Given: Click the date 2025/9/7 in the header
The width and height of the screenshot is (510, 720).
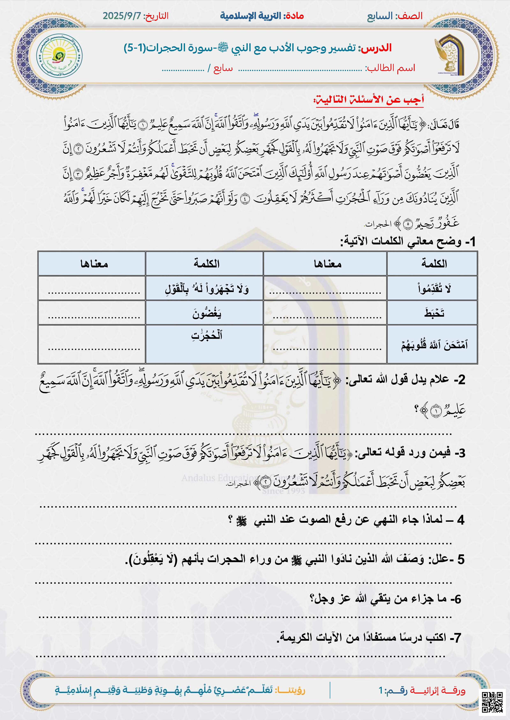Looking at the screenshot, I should (122, 16).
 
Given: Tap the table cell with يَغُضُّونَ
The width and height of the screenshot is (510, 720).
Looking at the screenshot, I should (206, 313).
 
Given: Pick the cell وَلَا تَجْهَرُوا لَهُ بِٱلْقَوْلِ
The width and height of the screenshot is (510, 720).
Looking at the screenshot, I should (206, 288).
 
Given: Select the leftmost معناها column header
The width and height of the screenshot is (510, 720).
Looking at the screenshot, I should (94, 263).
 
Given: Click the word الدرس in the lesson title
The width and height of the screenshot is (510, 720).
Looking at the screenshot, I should (376, 48).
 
